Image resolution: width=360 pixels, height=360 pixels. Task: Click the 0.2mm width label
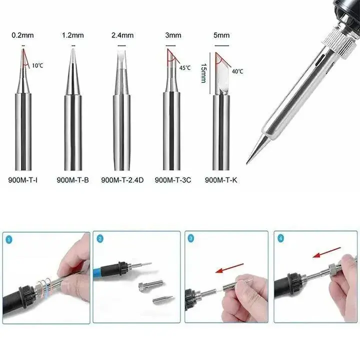[x=22, y=35]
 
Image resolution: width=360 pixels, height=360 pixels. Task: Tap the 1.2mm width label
[x=73, y=35]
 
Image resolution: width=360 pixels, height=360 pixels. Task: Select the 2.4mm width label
[x=122, y=35]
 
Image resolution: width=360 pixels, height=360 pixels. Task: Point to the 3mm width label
[x=173, y=35]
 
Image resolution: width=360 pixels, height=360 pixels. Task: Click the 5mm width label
[x=221, y=35]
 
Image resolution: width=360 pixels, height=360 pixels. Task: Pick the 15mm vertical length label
[x=203, y=73]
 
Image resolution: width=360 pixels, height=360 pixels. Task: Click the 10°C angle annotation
[x=37, y=65]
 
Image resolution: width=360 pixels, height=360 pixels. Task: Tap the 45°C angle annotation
[x=185, y=68]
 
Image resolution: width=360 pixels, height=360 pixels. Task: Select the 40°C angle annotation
[x=237, y=71]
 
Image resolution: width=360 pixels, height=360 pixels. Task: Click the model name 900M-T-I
[x=22, y=180]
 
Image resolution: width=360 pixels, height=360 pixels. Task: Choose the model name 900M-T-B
[x=73, y=180]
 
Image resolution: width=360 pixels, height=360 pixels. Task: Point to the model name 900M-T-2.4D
[x=122, y=180]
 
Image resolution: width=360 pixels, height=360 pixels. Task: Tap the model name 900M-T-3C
[x=173, y=180]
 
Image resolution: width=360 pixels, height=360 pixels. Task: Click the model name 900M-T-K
[x=221, y=180]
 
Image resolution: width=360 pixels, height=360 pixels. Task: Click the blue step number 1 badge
[x=8, y=240]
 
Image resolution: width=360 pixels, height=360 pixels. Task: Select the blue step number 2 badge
[x=100, y=239]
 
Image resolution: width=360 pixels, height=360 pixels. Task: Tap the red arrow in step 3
[x=229, y=268]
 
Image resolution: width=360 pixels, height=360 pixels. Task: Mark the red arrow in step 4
[x=326, y=252]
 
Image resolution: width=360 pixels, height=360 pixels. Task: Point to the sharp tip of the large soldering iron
[x=247, y=163]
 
